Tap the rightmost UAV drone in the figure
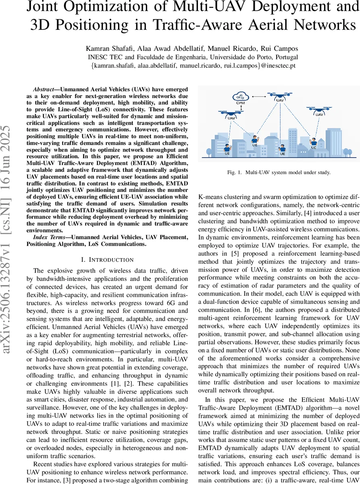[x=319, y=110]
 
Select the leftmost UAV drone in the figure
[x=231, y=115]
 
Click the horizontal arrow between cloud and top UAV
[x=258, y=96]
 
